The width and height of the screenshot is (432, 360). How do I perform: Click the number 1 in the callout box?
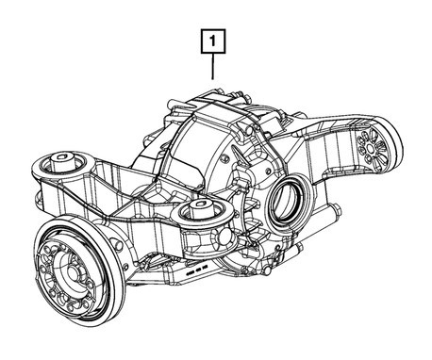(214, 41)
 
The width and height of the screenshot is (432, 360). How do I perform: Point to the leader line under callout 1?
(214, 66)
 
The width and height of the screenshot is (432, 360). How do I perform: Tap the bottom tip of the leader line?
(214, 78)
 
